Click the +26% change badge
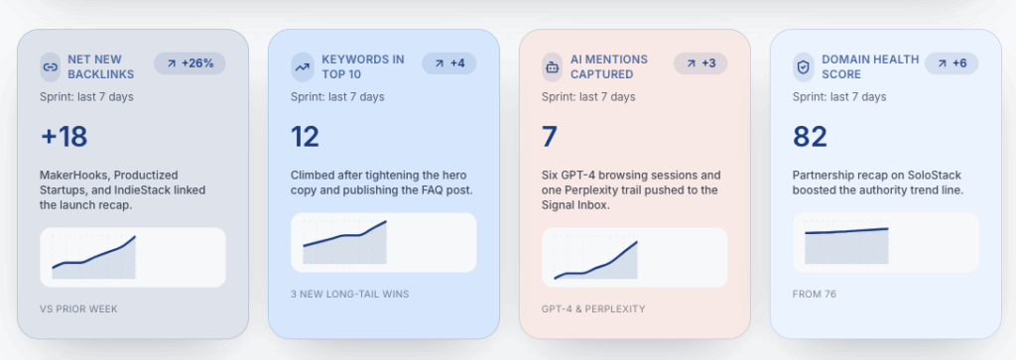[x=190, y=63]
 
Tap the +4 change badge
[x=449, y=63]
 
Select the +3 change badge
[x=700, y=63]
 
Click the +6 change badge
[x=952, y=63]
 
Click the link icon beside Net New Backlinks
[x=50, y=67]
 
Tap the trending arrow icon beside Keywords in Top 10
[x=302, y=67]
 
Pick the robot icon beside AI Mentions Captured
[x=552, y=67]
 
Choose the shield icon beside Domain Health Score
[x=804, y=67]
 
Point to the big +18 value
[x=63, y=137]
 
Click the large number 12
[x=305, y=137]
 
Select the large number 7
[x=550, y=137]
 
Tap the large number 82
[x=810, y=137]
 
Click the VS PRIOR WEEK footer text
[x=79, y=309]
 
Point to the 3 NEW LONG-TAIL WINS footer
[x=350, y=294]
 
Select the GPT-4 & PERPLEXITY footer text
[x=593, y=309]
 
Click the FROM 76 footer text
[x=815, y=294]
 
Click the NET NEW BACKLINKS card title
[x=100, y=66]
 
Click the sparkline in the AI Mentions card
[x=596, y=260]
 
